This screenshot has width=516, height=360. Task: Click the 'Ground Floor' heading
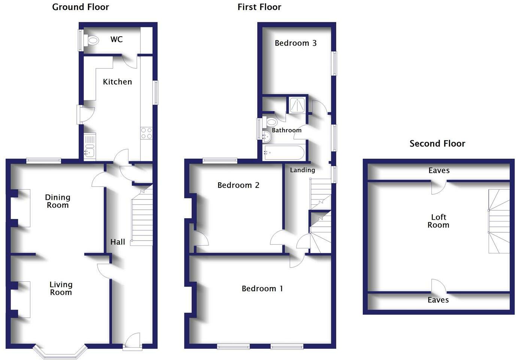pyautogui.click(x=81, y=7)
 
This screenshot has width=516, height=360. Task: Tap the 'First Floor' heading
pyautogui.click(x=259, y=7)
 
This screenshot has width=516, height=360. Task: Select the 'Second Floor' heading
pyautogui.click(x=437, y=144)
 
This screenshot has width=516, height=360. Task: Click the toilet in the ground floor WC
pyautogui.click(x=91, y=40)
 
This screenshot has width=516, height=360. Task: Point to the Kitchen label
pyautogui.click(x=117, y=82)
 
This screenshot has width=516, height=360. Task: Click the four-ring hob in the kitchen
pyautogui.click(x=146, y=134)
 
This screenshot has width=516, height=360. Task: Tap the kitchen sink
pyautogui.click(x=89, y=152)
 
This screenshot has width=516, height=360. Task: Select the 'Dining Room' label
pyautogui.click(x=58, y=201)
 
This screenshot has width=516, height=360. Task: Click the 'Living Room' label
pyautogui.click(x=61, y=289)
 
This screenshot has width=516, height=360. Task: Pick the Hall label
pyautogui.click(x=118, y=242)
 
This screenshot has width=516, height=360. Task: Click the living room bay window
pyautogui.click(x=60, y=352)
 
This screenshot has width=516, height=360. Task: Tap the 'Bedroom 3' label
pyautogui.click(x=295, y=43)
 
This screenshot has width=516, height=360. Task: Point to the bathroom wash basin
pyautogui.click(x=267, y=137)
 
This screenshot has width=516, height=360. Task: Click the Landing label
pyautogui.click(x=302, y=170)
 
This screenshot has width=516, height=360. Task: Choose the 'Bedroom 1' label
pyautogui.click(x=262, y=289)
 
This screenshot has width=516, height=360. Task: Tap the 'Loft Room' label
pyautogui.click(x=438, y=221)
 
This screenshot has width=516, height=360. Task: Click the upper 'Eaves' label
pyautogui.click(x=439, y=171)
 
